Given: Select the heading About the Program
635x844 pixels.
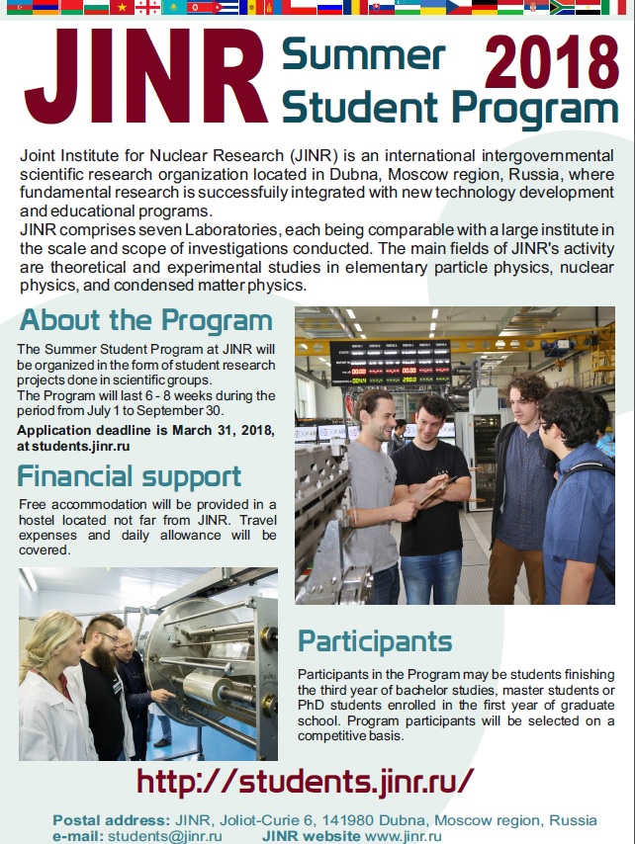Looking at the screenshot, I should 146,321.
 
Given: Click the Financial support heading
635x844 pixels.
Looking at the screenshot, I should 130,476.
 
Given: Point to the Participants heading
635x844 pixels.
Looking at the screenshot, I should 375,641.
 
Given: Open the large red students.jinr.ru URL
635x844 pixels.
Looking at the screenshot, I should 306,781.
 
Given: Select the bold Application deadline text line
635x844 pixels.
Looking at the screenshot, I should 145,432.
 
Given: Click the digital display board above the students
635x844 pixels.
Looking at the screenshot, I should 390,363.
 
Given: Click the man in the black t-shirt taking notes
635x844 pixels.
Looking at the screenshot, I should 431,484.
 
